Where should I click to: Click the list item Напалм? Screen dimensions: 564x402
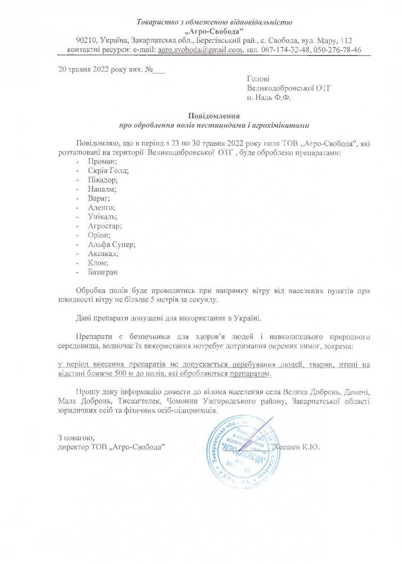click(x=101, y=189)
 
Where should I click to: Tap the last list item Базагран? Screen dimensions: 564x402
click(x=103, y=272)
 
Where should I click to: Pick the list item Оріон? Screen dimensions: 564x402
click(x=98, y=235)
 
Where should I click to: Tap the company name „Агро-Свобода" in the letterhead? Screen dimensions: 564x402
click(x=214, y=31)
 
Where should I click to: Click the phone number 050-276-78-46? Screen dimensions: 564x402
click(x=337, y=49)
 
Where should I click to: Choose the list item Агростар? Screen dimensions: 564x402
click(x=104, y=226)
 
